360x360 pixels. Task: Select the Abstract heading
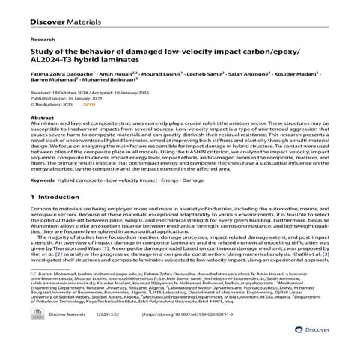pos(40,118)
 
